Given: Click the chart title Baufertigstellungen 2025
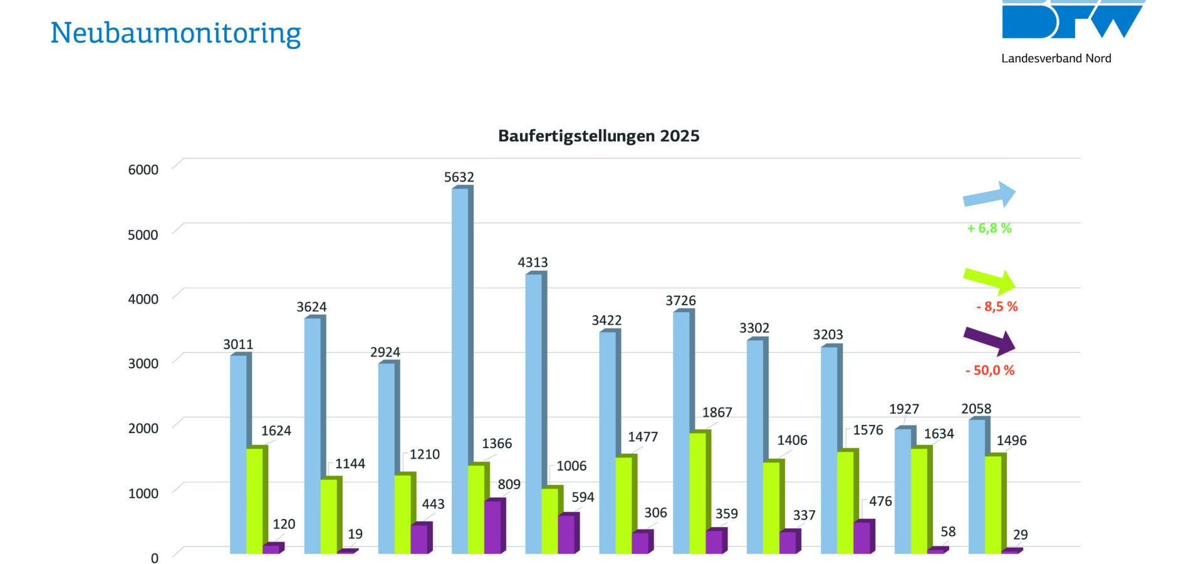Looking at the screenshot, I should [598, 136].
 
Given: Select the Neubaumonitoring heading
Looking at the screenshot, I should [175, 33].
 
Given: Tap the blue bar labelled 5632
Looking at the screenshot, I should [460, 370].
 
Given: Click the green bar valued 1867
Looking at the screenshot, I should [697, 493].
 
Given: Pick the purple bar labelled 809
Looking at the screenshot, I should [492, 526].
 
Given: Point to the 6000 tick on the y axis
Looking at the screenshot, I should [143, 169].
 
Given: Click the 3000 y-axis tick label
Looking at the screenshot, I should [143, 363].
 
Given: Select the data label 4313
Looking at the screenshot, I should [533, 263].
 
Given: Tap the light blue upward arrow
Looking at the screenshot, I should [989, 195].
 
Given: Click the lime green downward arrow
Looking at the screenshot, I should [989, 281].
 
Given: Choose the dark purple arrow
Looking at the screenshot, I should [989, 341].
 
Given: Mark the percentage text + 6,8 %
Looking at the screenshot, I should [989, 228].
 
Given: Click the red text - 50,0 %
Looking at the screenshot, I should [990, 370].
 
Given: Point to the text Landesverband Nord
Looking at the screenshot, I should [1056, 58].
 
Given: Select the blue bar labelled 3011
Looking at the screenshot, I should [238, 454].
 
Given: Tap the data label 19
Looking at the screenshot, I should [355, 534].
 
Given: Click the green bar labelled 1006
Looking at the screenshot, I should [549, 520].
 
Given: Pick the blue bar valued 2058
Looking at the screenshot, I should [976, 486].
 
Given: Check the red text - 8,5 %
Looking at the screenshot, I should [997, 306].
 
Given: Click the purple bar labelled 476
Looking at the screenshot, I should [862, 537].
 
